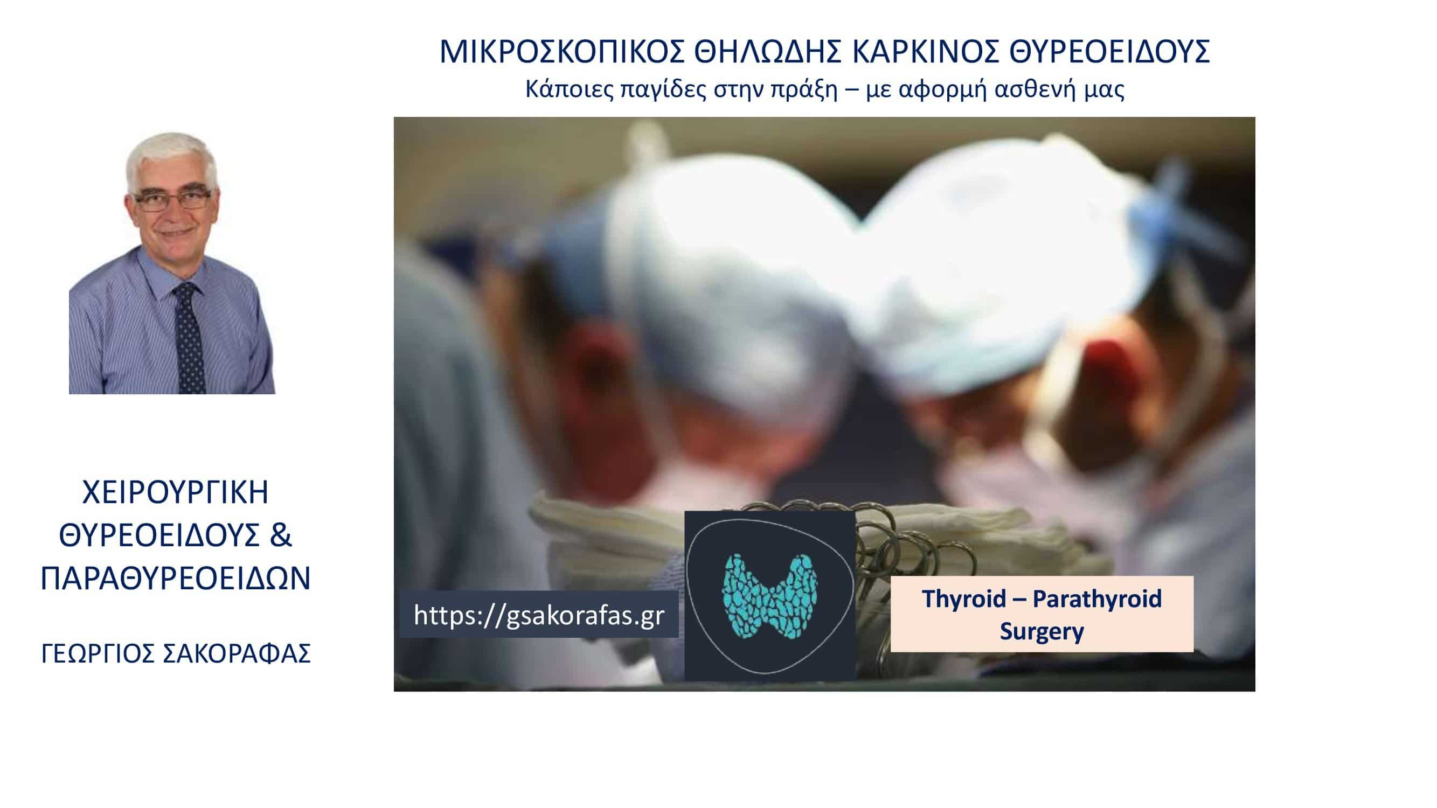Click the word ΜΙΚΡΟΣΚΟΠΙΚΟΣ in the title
tap(563, 52)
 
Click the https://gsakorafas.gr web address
tap(539, 615)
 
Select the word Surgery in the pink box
tap(1042, 631)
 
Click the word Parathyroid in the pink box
tap(1096, 599)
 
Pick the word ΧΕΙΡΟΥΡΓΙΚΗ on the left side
tap(176, 492)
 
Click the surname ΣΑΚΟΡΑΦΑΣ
tap(237, 653)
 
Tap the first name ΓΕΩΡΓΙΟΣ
tap(98, 653)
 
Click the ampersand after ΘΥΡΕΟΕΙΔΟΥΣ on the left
tap(281, 535)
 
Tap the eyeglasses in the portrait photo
tap(173, 200)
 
